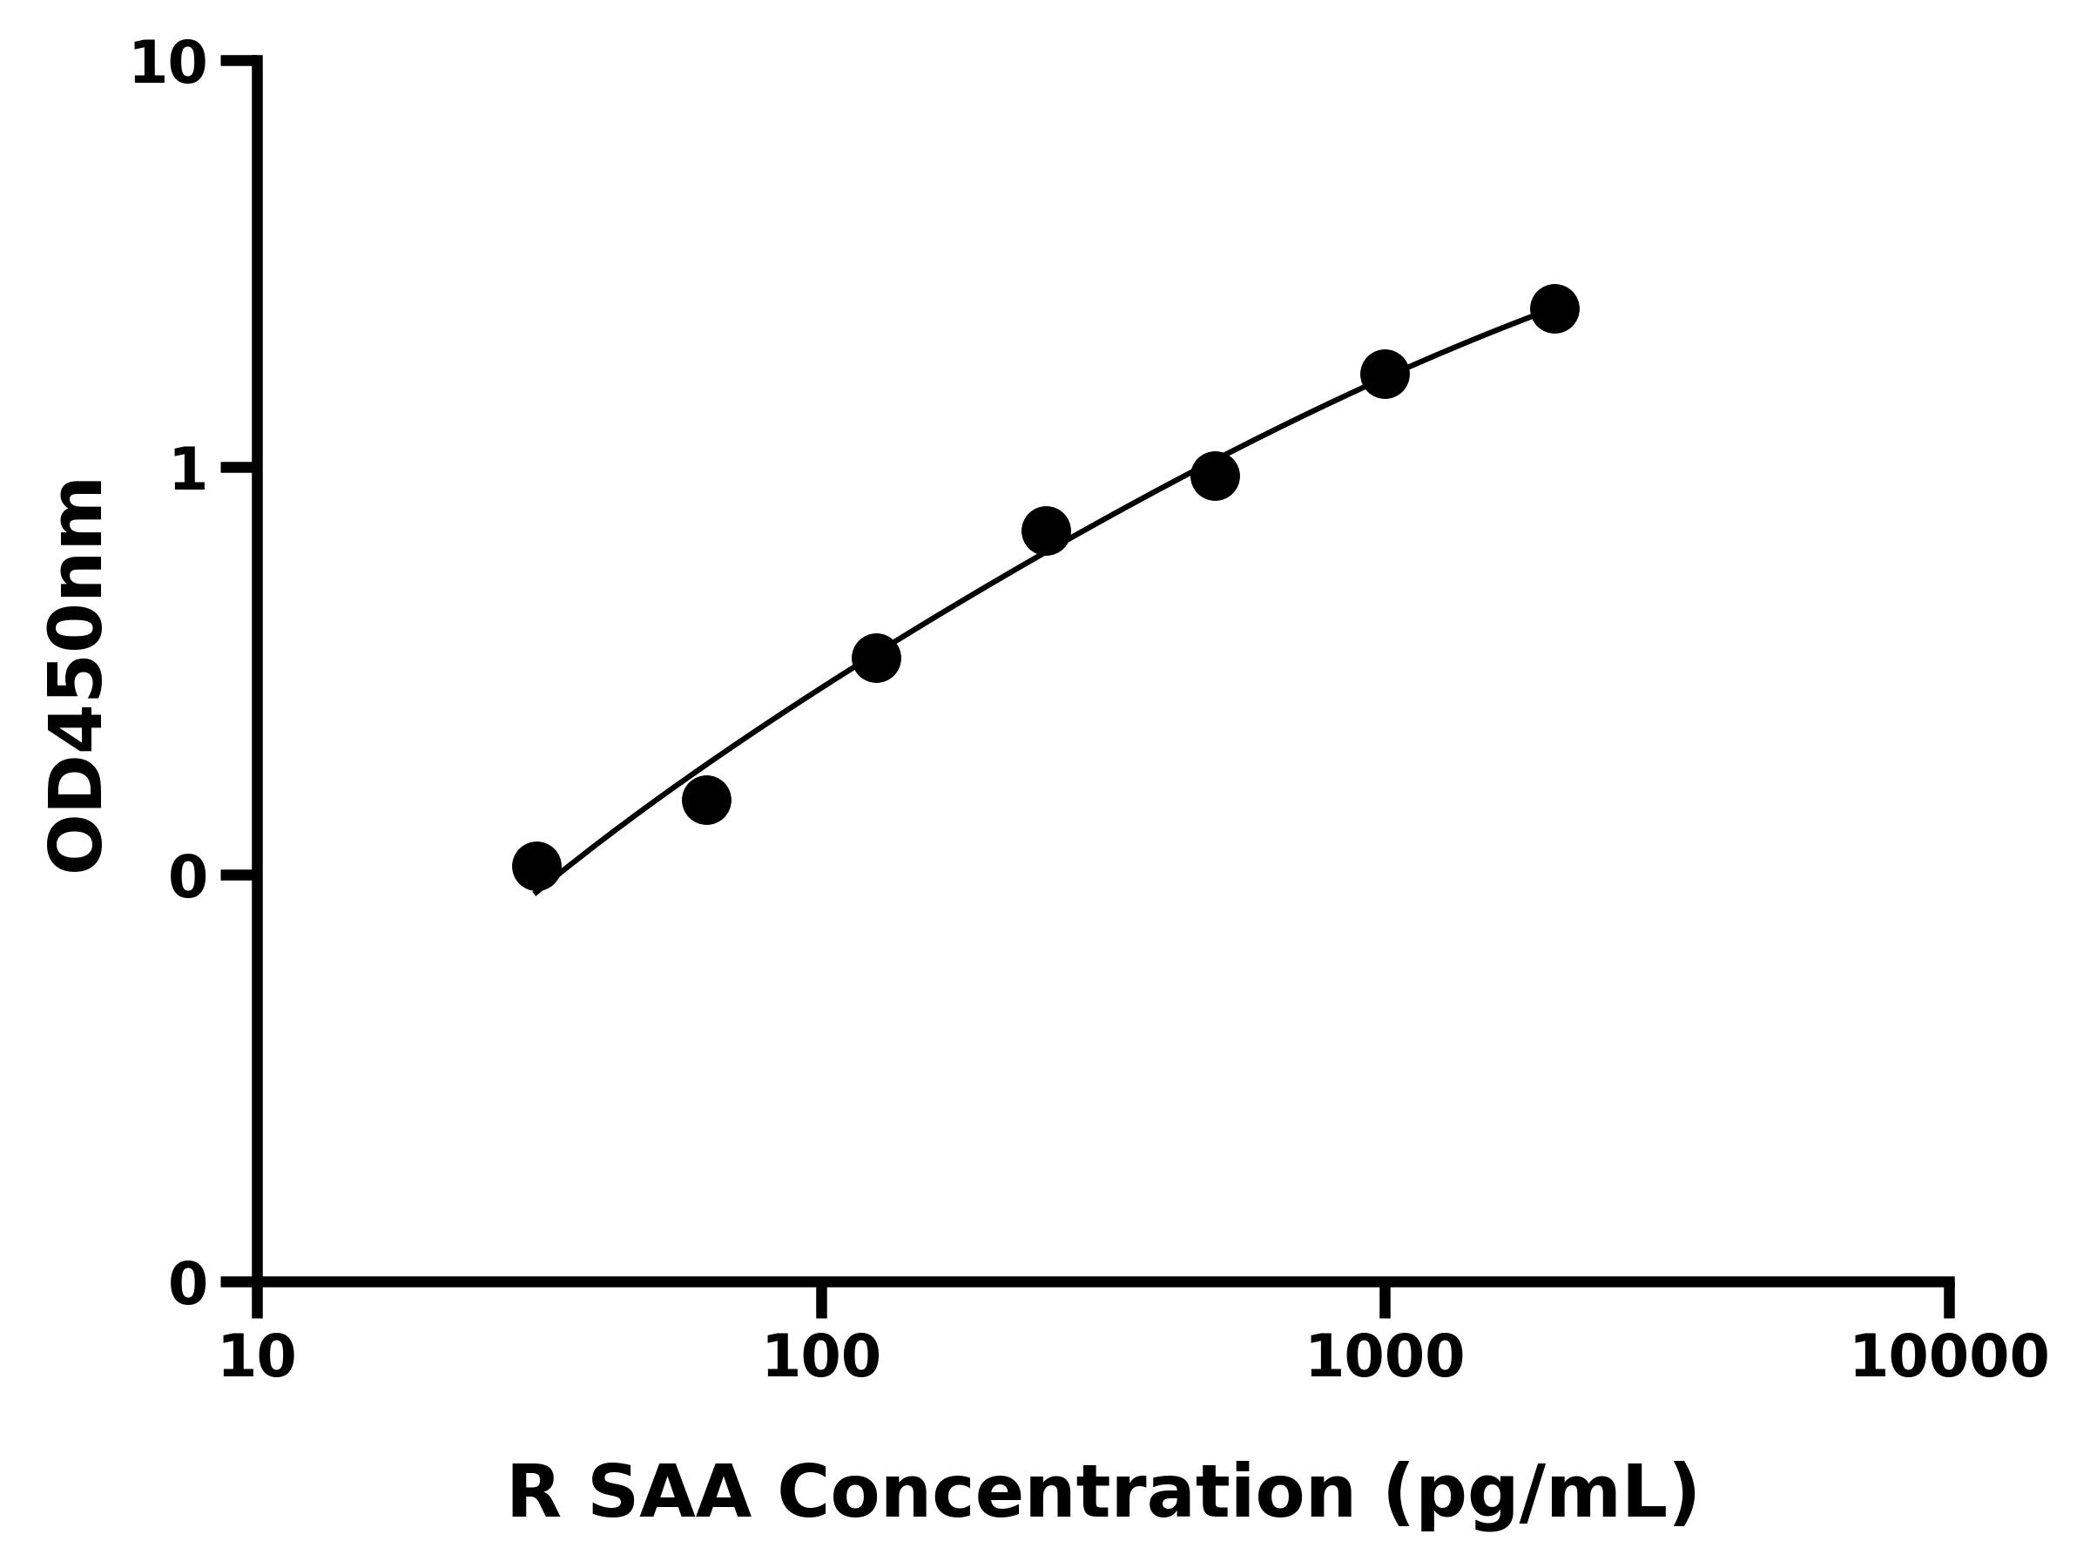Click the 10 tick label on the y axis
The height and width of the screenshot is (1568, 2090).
point(168,66)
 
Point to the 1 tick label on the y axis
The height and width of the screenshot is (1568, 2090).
point(189,470)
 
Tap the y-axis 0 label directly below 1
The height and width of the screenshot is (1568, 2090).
point(188,878)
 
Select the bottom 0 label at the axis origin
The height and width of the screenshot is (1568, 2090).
point(188,1286)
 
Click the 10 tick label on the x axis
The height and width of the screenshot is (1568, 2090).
point(257,1359)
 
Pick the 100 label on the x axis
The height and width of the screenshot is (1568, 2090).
point(821,1359)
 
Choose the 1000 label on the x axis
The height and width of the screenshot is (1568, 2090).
point(1385,1359)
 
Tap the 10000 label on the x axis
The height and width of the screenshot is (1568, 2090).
point(1948,1359)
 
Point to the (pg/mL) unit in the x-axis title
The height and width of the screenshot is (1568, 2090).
point(1541,1494)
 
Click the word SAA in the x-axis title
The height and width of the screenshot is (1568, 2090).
point(669,1494)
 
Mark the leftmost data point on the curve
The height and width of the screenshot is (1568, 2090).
point(536,865)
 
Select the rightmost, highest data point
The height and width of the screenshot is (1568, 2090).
point(1554,308)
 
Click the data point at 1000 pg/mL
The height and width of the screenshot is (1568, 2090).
point(1385,375)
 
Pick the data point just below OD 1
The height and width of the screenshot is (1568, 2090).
point(1215,476)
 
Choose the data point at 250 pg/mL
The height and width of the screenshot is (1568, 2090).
point(1046,531)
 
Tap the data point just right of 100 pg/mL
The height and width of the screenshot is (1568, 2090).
point(876,658)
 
